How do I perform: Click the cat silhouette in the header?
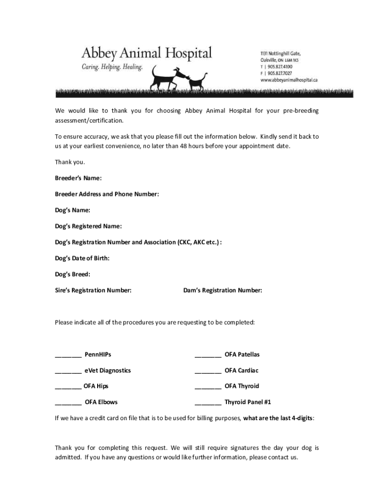click(x=197, y=81)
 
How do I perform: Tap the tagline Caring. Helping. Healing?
click(x=112, y=67)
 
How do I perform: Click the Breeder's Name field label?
click(x=78, y=178)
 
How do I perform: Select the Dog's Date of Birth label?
click(x=82, y=258)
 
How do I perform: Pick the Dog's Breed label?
click(x=72, y=274)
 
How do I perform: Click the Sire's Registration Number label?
click(x=93, y=290)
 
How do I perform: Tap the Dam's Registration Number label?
click(x=222, y=290)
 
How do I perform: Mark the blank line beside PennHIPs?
click(x=68, y=356)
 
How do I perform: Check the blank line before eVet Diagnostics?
click(x=68, y=372)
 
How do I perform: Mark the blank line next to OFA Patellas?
click(x=208, y=356)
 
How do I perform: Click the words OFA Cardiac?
click(x=241, y=371)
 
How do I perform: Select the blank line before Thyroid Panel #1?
click(x=208, y=404)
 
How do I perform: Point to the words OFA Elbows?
click(x=101, y=402)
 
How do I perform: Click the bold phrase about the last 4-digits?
click(x=278, y=418)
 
